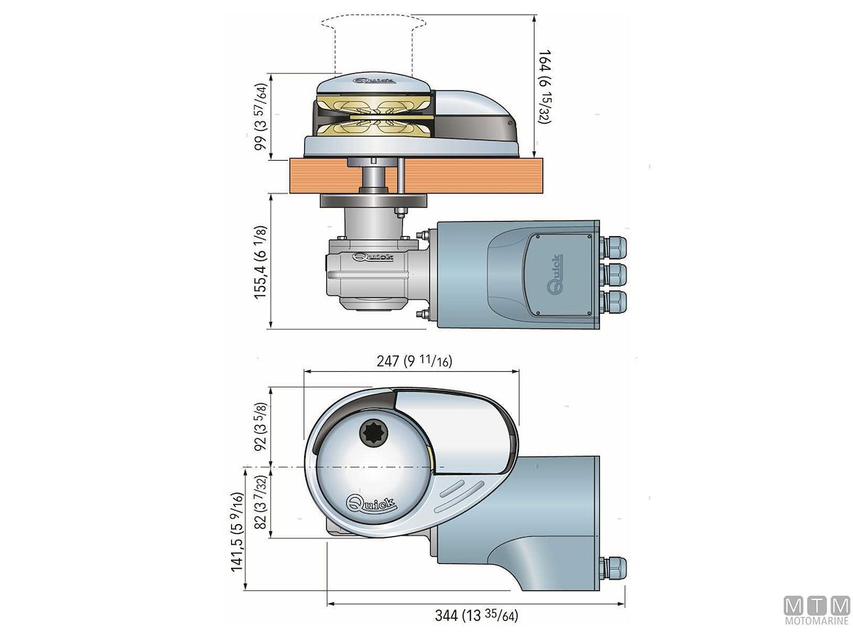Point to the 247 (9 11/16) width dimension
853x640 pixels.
(414, 361)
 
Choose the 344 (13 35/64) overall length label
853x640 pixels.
(476, 616)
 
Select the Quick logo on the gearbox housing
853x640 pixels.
(368, 257)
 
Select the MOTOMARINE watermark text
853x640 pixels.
(817, 623)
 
